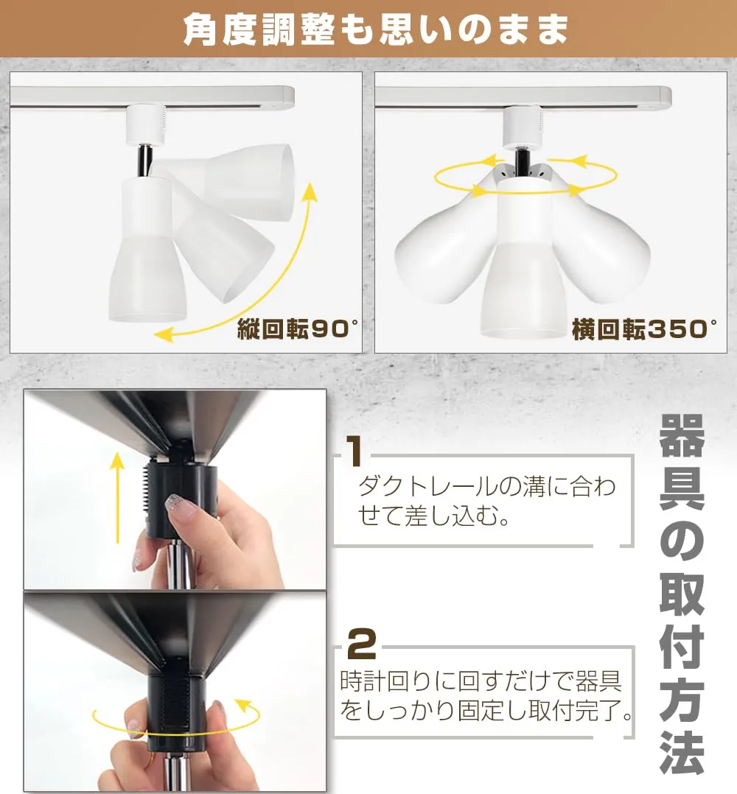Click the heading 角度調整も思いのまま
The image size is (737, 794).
[x=375, y=29]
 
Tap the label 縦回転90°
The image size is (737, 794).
[x=297, y=329]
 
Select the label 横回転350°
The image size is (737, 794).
[x=644, y=329]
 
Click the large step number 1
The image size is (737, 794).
[x=354, y=452]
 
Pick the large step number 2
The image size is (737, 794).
[x=362, y=643]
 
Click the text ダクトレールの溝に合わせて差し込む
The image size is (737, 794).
[x=486, y=502]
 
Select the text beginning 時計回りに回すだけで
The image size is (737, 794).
[x=486, y=696]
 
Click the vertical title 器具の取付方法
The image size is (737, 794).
[x=682, y=593]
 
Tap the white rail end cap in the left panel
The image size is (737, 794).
[x=288, y=97]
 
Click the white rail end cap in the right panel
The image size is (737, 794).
[x=665, y=97]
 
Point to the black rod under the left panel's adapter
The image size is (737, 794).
[x=144, y=161]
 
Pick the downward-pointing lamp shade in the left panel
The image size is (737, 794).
[x=147, y=250]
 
